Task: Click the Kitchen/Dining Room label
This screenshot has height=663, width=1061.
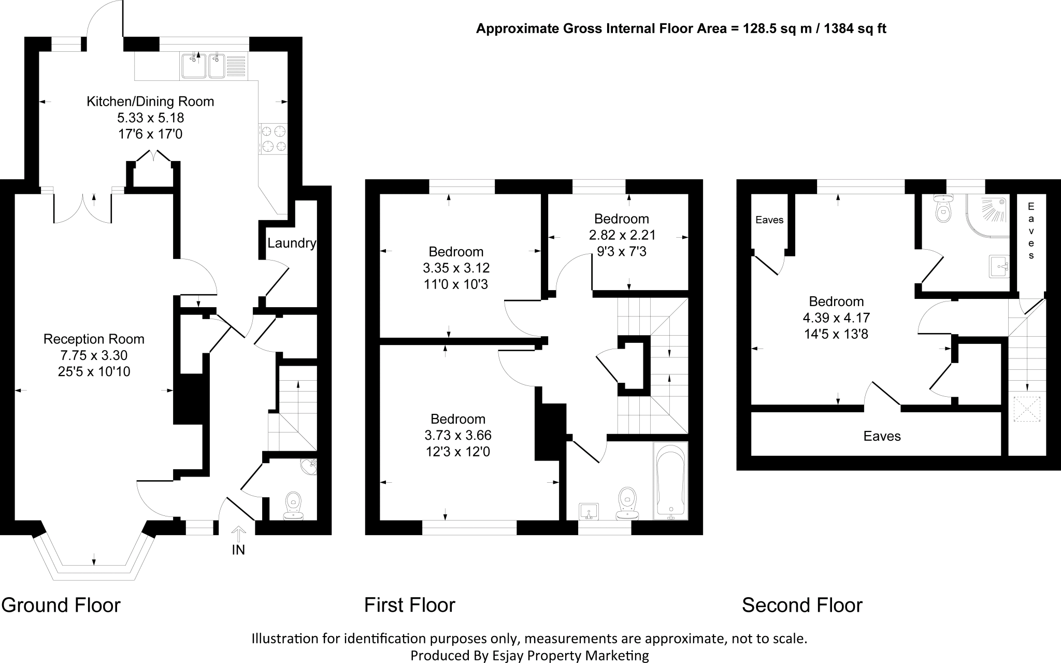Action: pos(150,102)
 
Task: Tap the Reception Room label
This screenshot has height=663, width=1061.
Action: pos(94,339)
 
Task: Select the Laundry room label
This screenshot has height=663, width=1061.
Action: pos(292,243)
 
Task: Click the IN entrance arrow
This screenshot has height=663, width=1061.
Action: pos(238,535)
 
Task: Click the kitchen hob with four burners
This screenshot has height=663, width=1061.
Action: pos(274,139)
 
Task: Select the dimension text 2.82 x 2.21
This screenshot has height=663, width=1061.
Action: pos(622,235)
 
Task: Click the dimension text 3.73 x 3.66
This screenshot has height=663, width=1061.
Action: pos(458,435)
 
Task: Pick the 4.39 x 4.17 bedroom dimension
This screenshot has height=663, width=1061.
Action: pos(836,318)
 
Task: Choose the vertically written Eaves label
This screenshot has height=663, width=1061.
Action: pos(1031,230)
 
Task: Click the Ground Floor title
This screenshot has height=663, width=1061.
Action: pos(61,605)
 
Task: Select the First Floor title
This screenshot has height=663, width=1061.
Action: pos(410,605)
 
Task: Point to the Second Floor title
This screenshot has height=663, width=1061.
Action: pos(802,605)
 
